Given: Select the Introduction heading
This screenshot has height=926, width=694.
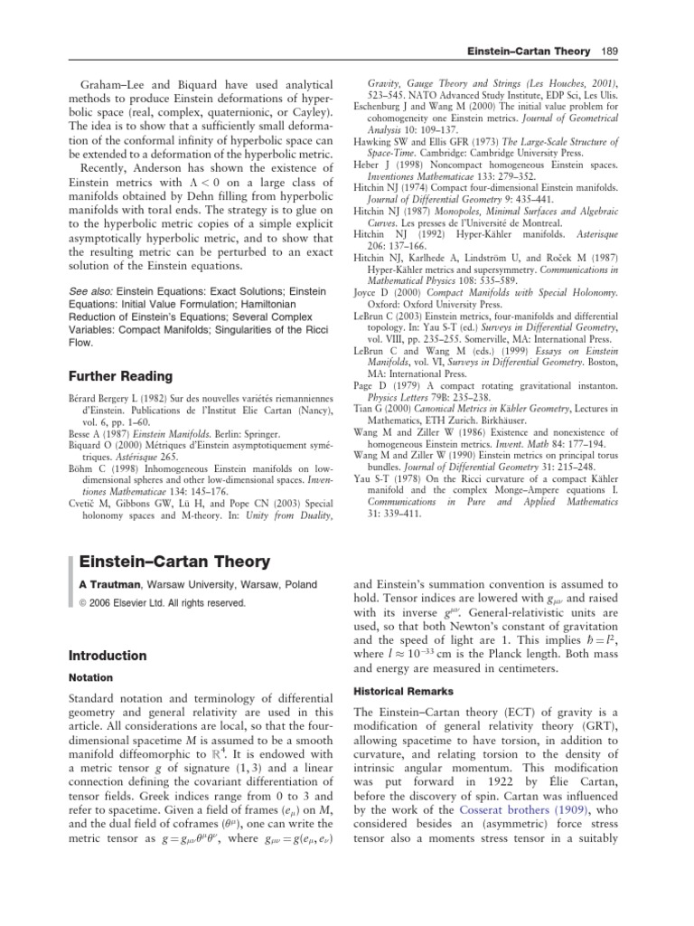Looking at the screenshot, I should tap(111, 656).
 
